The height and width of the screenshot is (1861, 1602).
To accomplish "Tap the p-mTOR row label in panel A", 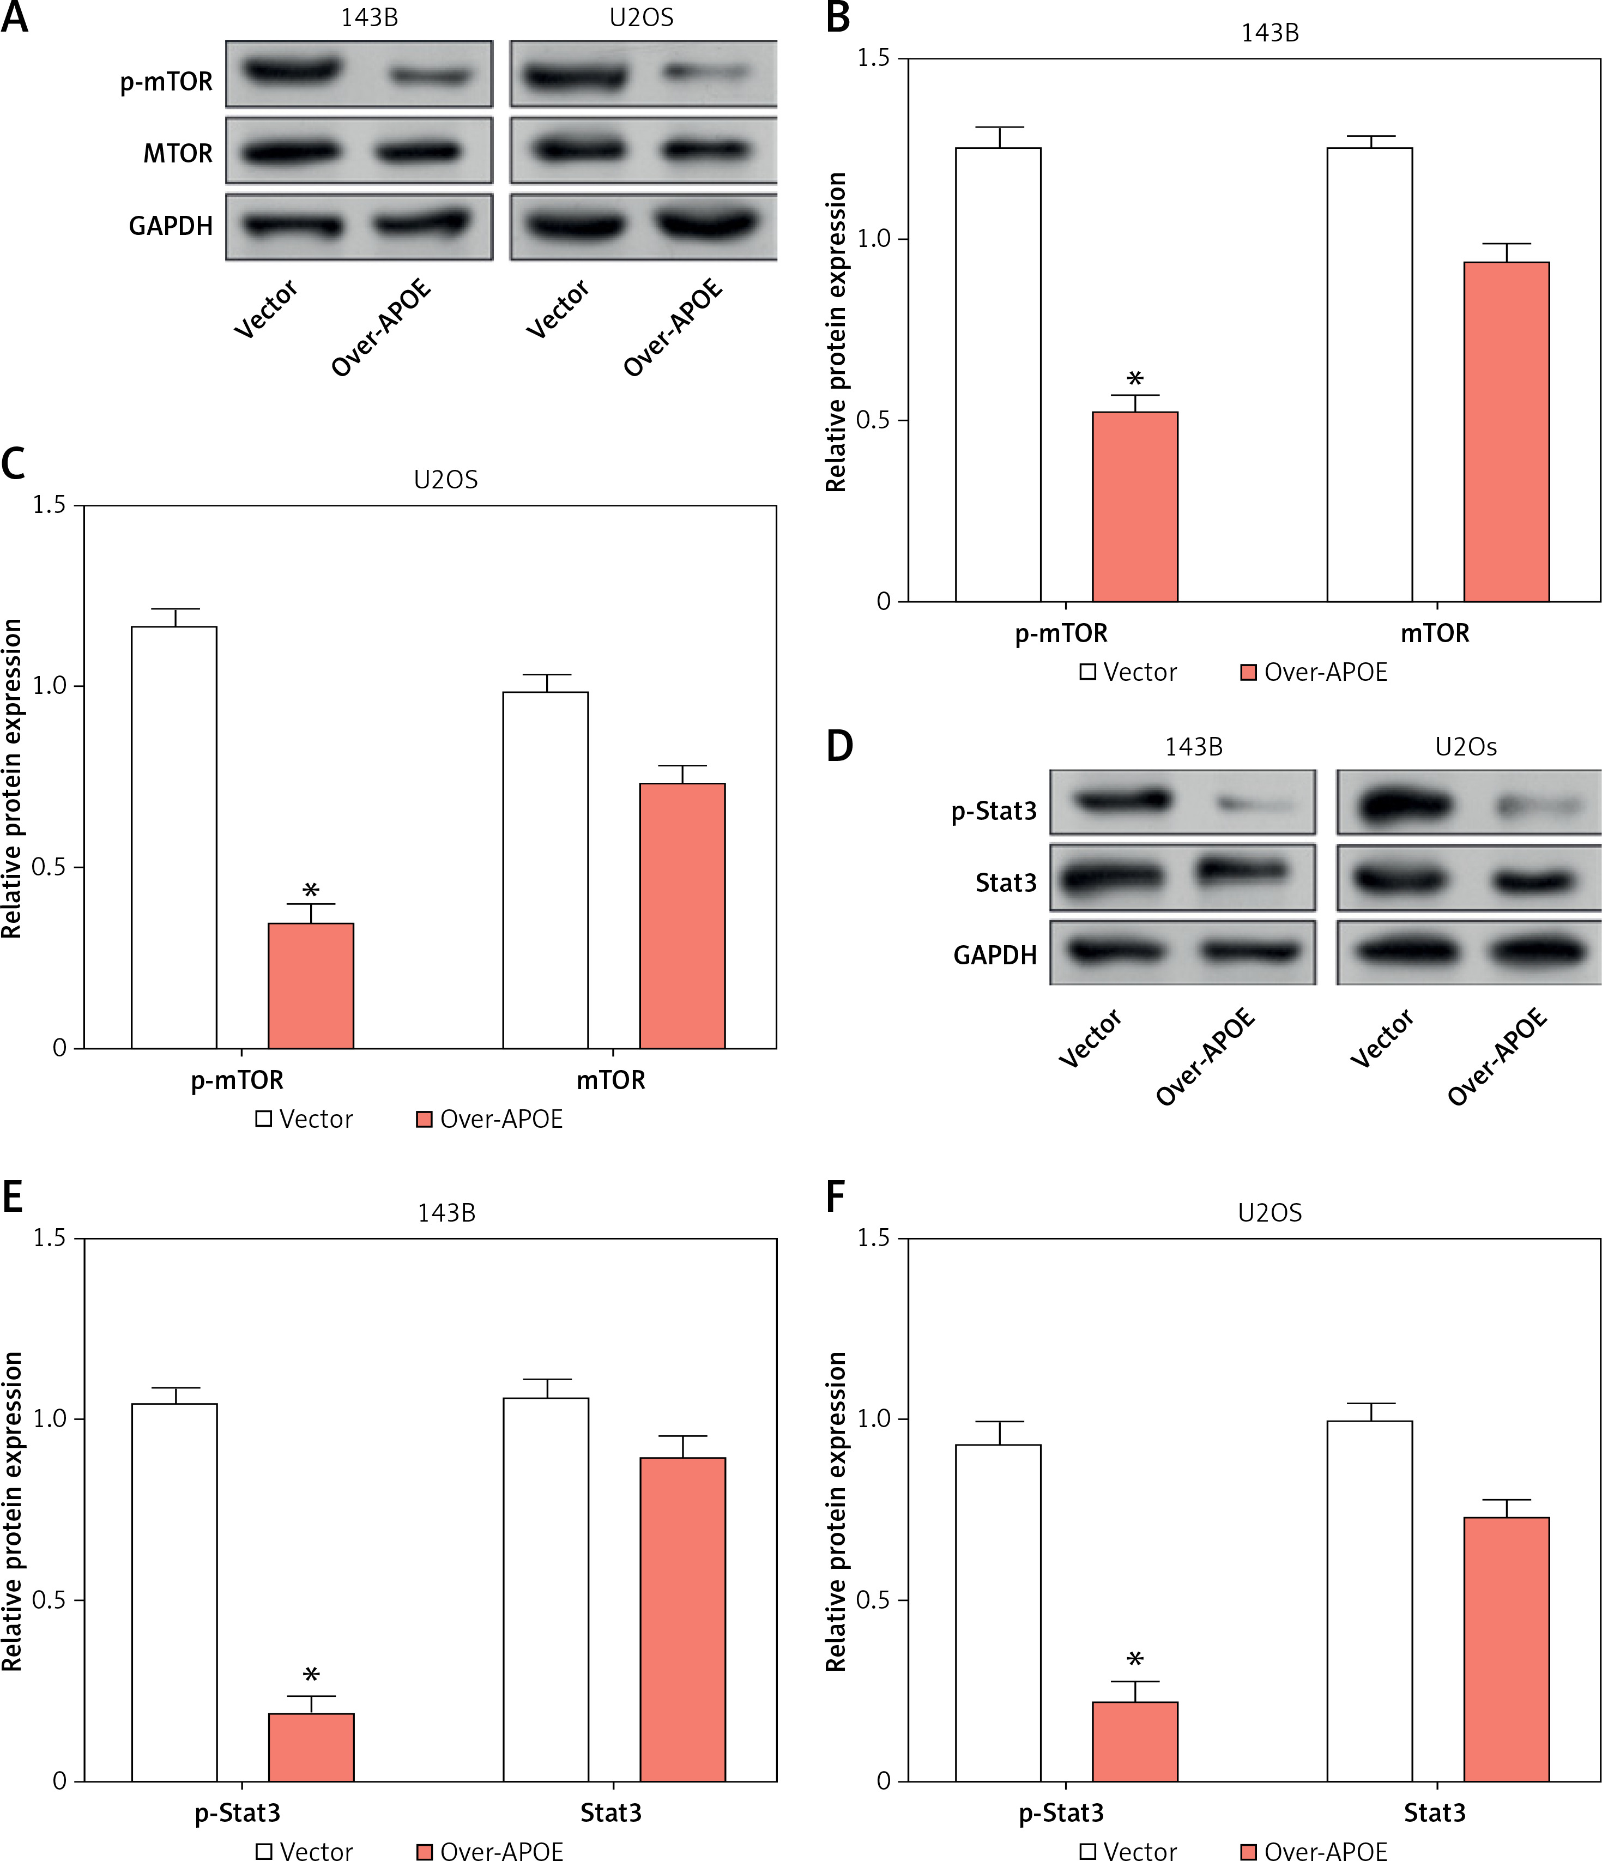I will pos(166,82).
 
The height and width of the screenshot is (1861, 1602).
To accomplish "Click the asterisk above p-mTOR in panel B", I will pos(1135,379).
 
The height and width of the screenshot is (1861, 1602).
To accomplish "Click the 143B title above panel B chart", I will pos(1269,33).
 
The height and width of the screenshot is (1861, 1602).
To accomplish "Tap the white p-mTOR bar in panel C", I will pos(174,837).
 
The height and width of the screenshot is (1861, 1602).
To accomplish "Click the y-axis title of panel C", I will pos(11,778).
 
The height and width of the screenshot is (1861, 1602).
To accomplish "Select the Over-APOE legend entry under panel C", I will pos(490,1119).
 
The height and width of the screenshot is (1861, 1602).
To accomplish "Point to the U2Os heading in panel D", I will pos(1466,746).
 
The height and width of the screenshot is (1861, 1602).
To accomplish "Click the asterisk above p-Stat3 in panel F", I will pos(1135,1660).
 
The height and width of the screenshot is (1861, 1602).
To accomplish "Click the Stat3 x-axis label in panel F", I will pos(1434,1812).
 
